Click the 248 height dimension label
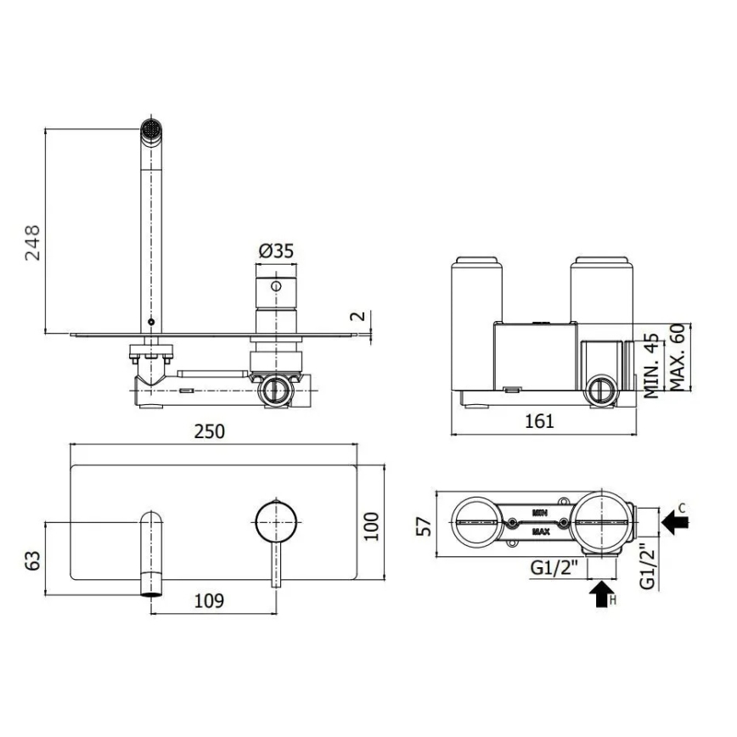pos(31,243)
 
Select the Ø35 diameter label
pos(275,250)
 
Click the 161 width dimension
pos(538,420)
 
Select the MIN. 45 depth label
pos(652,365)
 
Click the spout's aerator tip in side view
pos(150,131)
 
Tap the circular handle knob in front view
pos(276,520)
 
